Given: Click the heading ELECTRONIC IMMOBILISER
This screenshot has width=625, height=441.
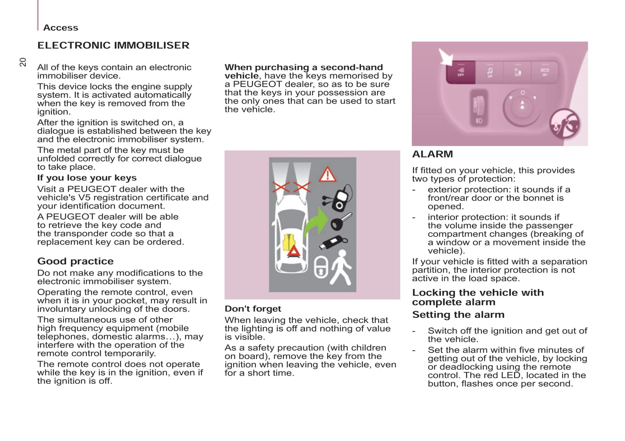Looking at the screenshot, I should point(113,45).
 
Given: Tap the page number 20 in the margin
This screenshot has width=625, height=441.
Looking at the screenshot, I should point(23,62).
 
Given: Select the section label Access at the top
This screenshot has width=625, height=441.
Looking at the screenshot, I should point(61,28).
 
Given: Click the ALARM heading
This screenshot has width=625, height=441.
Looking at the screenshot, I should point(433,155).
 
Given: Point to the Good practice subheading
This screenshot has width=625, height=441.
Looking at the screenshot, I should point(75,261).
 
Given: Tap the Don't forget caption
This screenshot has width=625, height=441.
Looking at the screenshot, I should point(253,309).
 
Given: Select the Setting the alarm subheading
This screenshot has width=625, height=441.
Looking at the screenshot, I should point(458,315).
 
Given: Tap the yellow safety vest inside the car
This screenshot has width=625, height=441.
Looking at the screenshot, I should point(288,242).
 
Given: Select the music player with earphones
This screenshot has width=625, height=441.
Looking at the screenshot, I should point(339,199).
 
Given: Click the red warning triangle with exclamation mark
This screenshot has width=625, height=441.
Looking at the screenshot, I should point(327,174).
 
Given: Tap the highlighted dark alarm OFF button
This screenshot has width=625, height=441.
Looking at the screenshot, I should point(461,72).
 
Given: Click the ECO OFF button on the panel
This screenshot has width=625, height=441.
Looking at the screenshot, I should point(545,72).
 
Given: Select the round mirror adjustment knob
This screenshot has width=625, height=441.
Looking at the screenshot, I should point(522,106).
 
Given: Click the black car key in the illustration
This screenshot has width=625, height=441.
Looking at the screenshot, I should point(340,222).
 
